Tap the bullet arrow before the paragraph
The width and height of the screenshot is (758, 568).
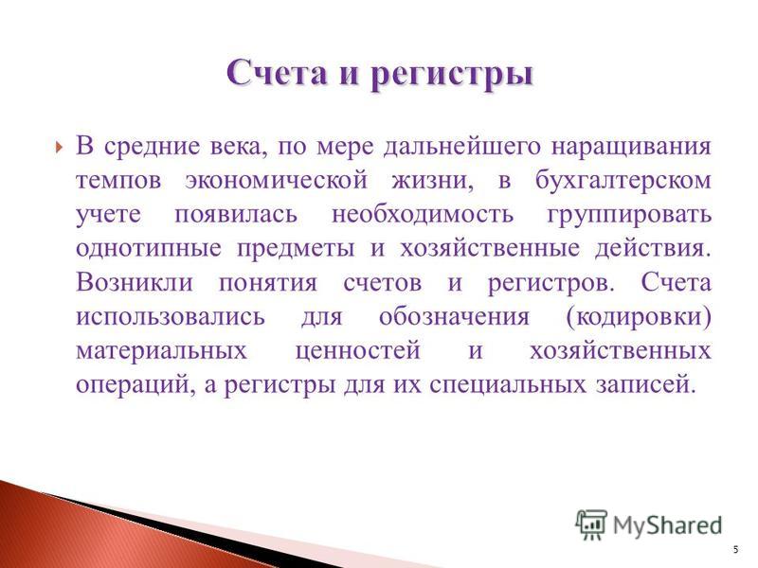pyautogui.click(x=59, y=147)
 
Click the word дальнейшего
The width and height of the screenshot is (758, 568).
pyautogui.click(x=461, y=147)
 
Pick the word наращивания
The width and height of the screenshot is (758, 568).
pyautogui.click(x=631, y=147)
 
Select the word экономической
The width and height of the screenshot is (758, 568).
pyautogui.click(x=276, y=180)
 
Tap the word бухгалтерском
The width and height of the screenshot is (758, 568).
pyautogui.click(x=623, y=180)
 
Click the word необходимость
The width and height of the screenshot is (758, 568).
pyautogui.click(x=422, y=214)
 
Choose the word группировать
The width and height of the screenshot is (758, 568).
pyautogui.click(x=629, y=215)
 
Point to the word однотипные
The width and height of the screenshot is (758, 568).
pyautogui.click(x=149, y=248)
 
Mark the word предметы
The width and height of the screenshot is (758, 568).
pyautogui.click(x=296, y=248)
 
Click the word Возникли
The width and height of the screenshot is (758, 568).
pyautogui.click(x=135, y=281)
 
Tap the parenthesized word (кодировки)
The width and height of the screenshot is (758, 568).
pyautogui.click(x=638, y=316)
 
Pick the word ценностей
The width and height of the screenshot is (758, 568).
pyautogui.click(x=358, y=350)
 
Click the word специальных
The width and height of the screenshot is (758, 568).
pyautogui.click(x=506, y=384)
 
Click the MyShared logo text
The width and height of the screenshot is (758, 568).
pyautogui.click(x=668, y=525)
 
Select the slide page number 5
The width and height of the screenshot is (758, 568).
pyautogui.click(x=736, y=550)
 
